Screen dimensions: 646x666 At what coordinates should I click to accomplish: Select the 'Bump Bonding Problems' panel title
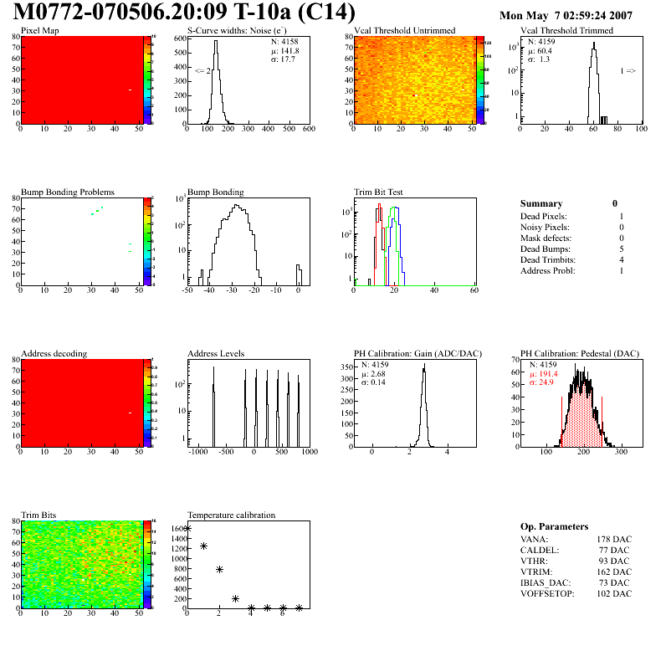(68, 192)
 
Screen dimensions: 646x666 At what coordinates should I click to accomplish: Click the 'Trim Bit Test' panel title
(379, 192)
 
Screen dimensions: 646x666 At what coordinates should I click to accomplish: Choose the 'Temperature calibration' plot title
(232, 515)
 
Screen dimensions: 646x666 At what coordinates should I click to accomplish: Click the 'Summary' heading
(541, 203)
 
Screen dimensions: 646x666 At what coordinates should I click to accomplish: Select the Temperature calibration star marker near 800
(219, 569)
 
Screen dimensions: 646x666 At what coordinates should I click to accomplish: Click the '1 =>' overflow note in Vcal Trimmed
(628, 71)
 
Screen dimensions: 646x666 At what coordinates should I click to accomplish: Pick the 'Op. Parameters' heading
(554, 526)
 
